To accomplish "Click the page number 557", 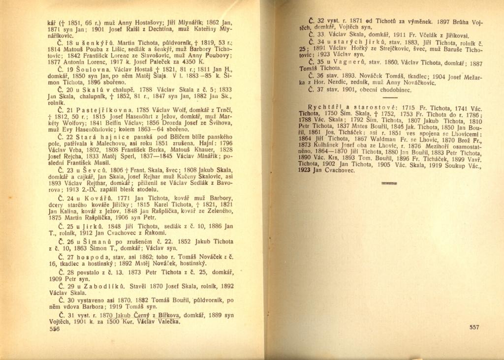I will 474,327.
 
